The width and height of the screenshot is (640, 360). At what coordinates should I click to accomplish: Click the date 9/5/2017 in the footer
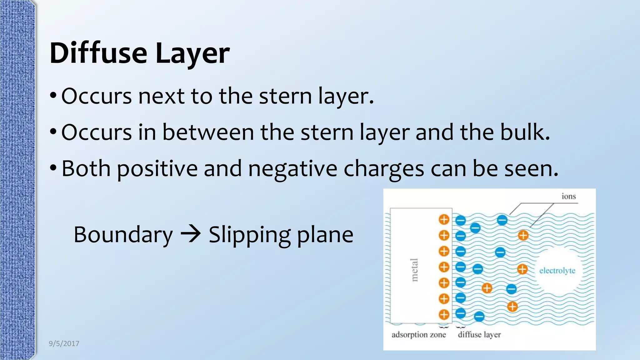pyautogui.click(x=64, y=343)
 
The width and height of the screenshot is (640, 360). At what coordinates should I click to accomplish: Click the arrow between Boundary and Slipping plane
pyautogui.click(x=190, y=234)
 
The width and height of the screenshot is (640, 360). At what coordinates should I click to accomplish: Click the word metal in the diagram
pyautogui.click(x=414, y=270)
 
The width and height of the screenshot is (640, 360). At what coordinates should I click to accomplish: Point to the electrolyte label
pyautogui.click(x=557, y=270)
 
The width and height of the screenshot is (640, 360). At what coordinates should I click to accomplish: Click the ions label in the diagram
pyautogui.click(x=568, y=196)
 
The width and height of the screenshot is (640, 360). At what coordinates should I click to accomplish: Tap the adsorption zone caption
pyautogui.click(x=418, y=335)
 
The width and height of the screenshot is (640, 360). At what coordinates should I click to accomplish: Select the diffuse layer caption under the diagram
pyautogui.click(x=479, y=335)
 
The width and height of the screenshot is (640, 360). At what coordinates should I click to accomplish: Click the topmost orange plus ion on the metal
pyautogui.click(x=444, y=219)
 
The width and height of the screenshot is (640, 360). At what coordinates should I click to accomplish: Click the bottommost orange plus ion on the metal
pyautogui.click(x=444, y=314)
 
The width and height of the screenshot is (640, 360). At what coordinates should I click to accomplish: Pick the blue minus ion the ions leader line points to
pyautogui.click(x=502, y=220)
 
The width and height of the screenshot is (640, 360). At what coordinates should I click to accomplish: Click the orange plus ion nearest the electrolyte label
pyautogui.click(x=522, y=269)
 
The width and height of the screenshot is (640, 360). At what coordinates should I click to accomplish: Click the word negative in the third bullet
pyautogui.click(x=292, y=168)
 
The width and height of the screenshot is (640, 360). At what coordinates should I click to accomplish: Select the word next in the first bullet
pyautogui.click(x=161, y=96)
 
